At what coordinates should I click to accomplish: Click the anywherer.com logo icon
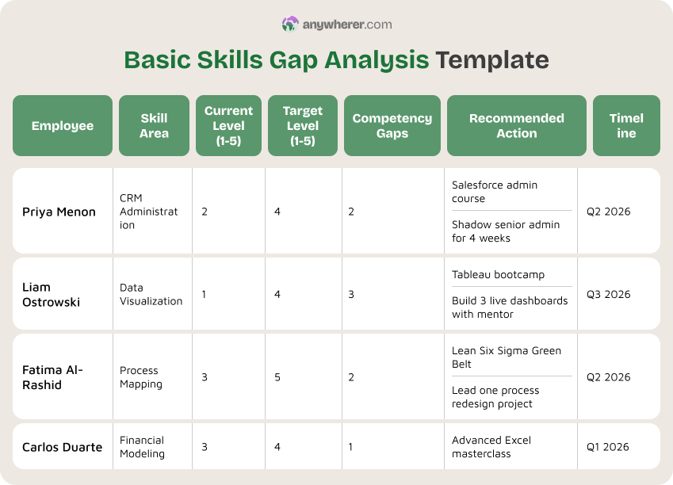290,25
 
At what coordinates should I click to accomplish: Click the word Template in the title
491,61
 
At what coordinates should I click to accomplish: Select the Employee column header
63,126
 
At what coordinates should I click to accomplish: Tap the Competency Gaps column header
392,126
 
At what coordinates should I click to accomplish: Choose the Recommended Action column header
516,126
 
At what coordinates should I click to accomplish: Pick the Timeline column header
626,126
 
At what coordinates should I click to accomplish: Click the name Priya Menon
59,212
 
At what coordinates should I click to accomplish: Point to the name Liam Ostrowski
51,294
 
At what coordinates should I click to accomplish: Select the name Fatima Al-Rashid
52,377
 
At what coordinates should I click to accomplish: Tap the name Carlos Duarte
62,447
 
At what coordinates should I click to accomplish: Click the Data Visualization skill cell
151,294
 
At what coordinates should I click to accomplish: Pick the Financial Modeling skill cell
142,447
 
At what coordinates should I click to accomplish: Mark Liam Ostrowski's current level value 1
204,295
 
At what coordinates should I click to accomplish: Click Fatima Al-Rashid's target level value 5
277,377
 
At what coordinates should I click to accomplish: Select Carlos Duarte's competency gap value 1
350,447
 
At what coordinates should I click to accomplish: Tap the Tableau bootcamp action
498,275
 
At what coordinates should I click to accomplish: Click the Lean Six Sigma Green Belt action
506,357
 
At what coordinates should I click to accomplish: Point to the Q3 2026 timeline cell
608,295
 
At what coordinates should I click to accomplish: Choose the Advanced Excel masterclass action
491,447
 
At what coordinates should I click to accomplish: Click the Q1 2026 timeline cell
608,447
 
